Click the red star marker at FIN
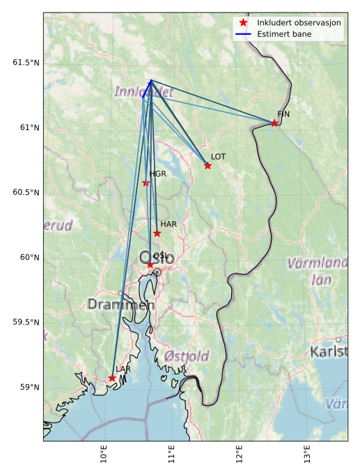pos(274,123)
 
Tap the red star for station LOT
pos(208,166)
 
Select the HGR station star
pos(146,183)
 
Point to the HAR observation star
pos(157,233)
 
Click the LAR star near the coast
pos(111,378)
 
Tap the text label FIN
pos(283,113)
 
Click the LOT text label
pos(218,157)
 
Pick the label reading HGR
pos(157,174)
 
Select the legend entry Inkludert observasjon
pos(299,23)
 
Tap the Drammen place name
pos(120,305)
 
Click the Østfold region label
pos(187,356)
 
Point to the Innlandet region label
pos(143,92)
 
